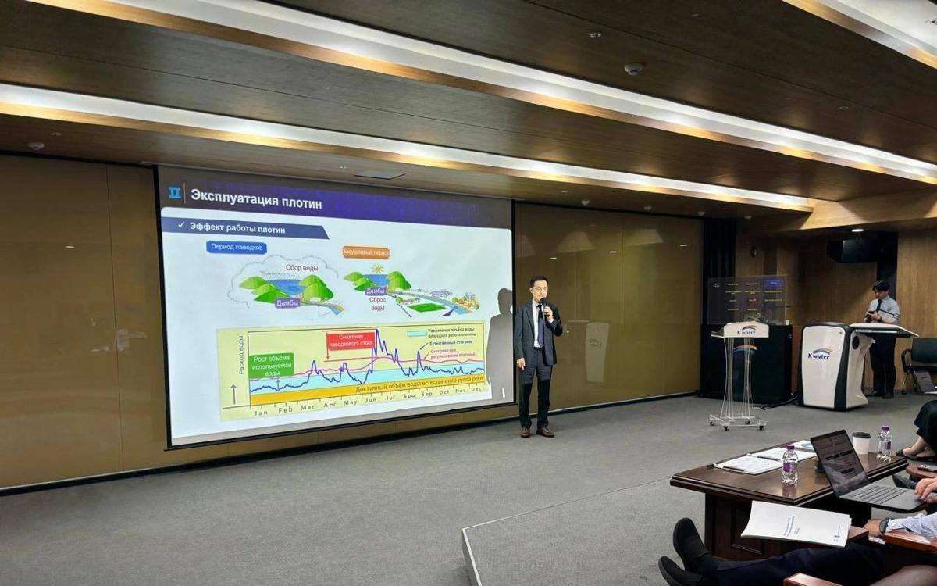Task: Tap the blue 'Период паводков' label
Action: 237,247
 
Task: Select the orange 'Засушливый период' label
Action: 365,252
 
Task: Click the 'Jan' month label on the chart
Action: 261,411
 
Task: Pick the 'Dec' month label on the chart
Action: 476,389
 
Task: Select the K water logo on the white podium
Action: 820,354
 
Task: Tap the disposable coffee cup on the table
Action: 860,443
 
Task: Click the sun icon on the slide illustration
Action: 377,268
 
